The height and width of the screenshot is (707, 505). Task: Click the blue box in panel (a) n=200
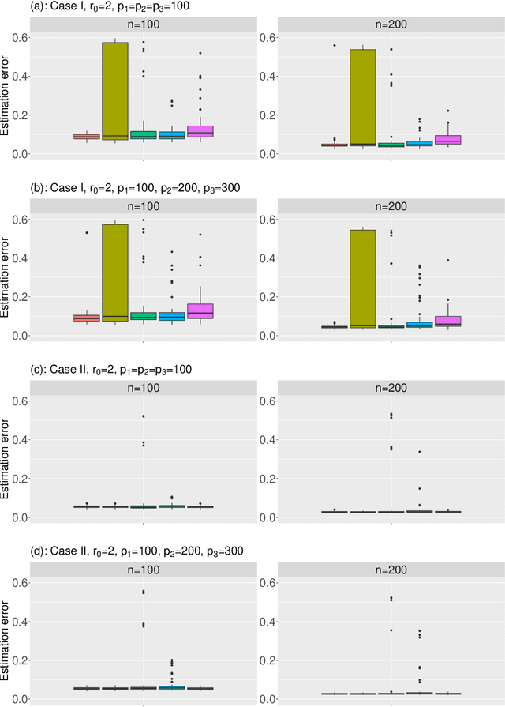[420, 143]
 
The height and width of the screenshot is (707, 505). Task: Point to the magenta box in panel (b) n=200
[448, 320]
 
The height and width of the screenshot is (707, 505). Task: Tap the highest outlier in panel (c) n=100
[144, 416]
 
